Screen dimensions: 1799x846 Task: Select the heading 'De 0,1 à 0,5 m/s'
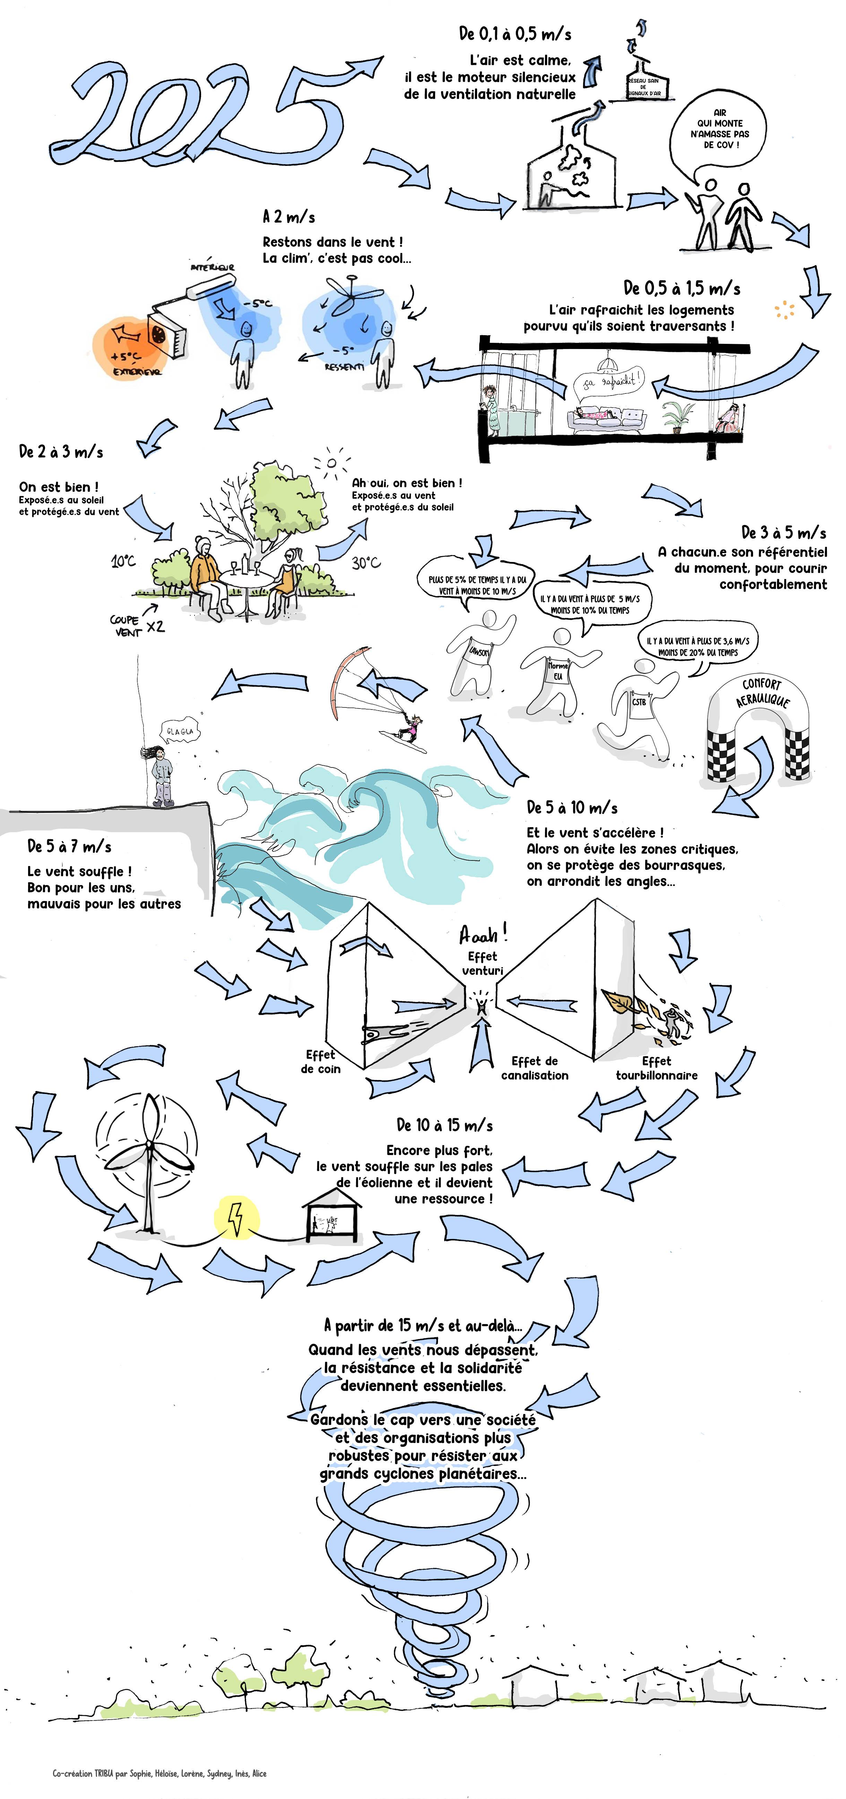[515, 34]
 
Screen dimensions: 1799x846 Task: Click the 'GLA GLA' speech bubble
[179, 731]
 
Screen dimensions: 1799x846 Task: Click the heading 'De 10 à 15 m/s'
[444, 1125]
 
